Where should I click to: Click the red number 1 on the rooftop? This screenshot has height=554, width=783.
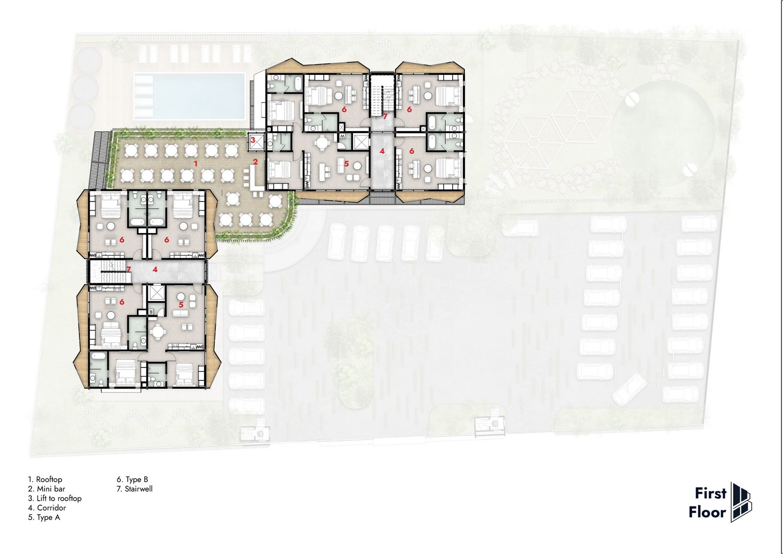pyautogui.click(x=196, y=163)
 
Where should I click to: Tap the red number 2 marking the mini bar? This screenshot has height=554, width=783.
pyautogui.click(x=255, y=162)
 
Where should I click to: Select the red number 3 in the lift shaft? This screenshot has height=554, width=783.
pyautogui.click(x=253, y=140)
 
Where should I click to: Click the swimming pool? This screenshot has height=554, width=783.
pyautogui.click(x=189, y=96)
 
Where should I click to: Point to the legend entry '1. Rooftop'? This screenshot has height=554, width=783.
pyautogui.click(x=45, y=479)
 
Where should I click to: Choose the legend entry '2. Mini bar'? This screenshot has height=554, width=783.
pyautogui.click(x=46, y=488)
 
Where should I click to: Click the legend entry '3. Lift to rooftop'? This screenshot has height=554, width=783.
pyautogui.click(x=55, y=498)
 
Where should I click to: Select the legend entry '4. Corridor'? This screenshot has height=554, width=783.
pyautogui.click(x=47, y=508)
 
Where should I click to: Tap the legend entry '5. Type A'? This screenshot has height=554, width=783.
pyautogui.click(x=44, y=517)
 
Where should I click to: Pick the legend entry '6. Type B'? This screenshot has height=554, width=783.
pyautogui.click(x=133, y=479)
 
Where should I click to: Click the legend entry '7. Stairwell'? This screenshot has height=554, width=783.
pyautogui.click(x=135, y=488)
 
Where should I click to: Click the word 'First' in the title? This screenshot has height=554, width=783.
pyautogui.click(x=711, y=493)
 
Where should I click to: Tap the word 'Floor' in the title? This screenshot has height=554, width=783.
pyautogui.click(x=708, y=512)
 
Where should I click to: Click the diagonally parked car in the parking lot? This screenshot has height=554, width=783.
pyautogui.click(x=630, y=389)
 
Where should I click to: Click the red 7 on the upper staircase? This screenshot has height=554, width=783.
pyautogui.click(x=385, y=116)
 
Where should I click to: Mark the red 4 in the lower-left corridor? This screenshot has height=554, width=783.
pyautogui.click(x=155, y=269)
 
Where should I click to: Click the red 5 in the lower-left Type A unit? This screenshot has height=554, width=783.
pyautogui.click(x=181, y=305)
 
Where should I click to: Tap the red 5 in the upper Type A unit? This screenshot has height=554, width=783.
pyautogui.click(x=346, y=163)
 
